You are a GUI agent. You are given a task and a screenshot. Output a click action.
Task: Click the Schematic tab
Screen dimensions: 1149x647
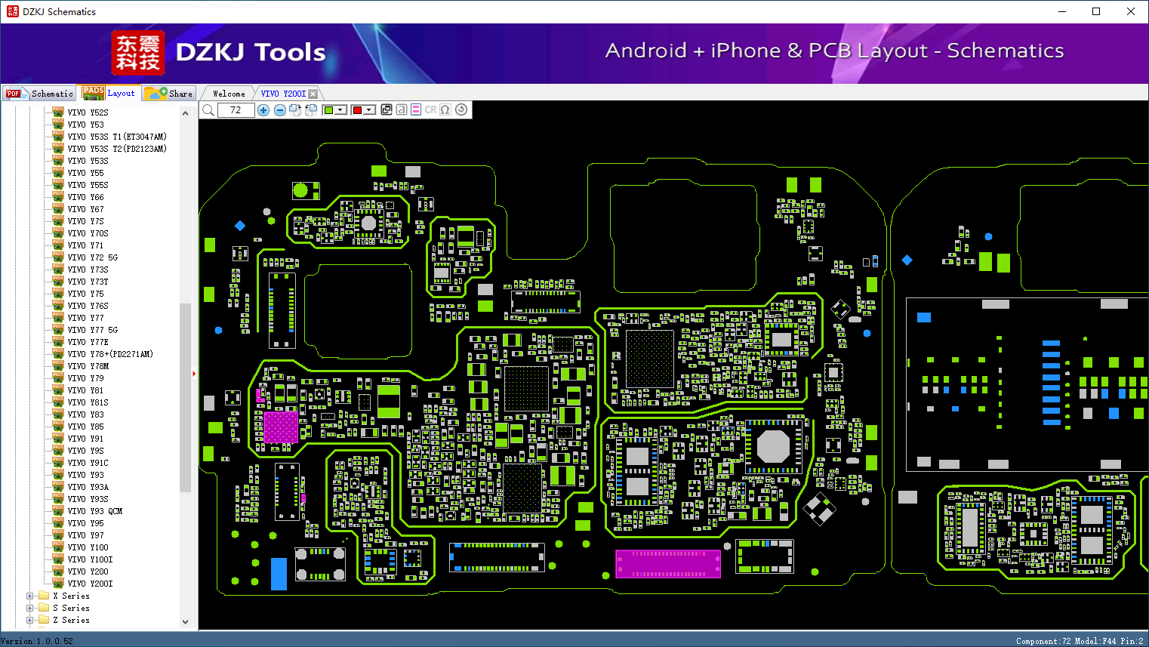pos(40,94)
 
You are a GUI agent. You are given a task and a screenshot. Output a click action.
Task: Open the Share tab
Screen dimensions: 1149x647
pos(169,94)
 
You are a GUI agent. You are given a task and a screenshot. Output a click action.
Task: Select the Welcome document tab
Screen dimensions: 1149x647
pos(229,94)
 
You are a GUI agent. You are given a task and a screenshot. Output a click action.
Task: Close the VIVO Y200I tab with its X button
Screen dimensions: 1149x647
pos(313,94)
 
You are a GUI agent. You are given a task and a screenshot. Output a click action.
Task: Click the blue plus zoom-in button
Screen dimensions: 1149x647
pos(263,109)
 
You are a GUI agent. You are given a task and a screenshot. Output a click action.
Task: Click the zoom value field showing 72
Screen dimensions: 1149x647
pos(236,109)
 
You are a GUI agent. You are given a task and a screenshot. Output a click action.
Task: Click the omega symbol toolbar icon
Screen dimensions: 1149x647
pos(445,109)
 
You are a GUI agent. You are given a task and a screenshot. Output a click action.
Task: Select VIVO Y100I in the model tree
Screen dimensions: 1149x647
pos(91,559)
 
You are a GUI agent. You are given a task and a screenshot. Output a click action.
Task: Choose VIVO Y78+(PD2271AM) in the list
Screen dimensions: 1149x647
pos(110,354)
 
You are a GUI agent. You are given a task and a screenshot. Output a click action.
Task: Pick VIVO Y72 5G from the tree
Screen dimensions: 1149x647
pos(92,257)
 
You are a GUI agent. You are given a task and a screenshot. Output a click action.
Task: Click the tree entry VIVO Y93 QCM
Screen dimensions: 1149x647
pos(95,511)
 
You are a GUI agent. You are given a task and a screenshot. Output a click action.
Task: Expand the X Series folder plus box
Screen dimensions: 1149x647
pos(29,596)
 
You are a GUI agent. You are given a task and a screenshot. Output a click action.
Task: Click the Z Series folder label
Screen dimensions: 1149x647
pos(71,620)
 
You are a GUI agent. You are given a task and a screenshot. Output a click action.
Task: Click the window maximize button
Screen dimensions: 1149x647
pos(1096,11)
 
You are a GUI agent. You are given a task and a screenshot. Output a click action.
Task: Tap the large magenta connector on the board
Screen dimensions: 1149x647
pos(668,563)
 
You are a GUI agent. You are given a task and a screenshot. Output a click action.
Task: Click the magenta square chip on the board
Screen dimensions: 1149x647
pos(281,427)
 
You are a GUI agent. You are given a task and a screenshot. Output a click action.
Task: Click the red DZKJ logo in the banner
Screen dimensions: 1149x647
pos(138,53)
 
